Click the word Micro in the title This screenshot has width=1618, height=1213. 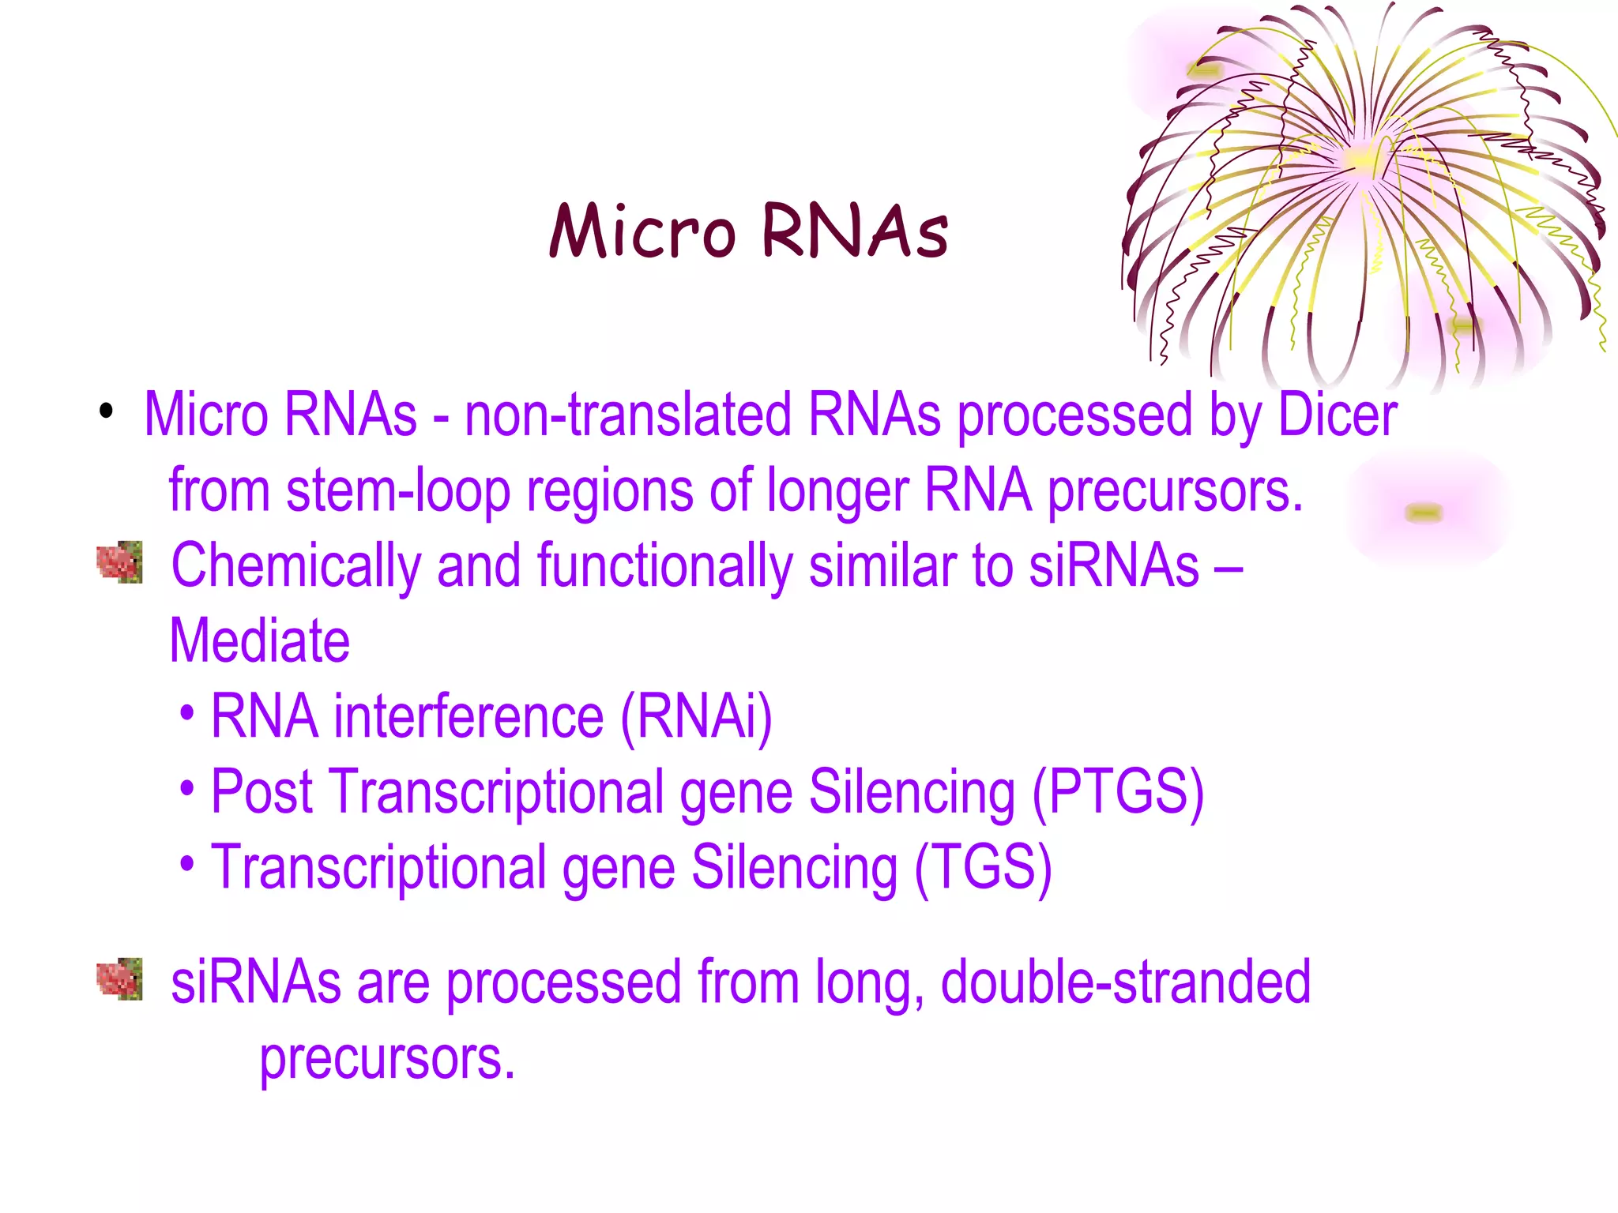(x=642, y=231)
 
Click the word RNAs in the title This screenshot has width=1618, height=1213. (x=855, y=231)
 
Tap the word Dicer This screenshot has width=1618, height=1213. (x=1337, y=415)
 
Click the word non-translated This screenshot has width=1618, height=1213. (x=627, y=415)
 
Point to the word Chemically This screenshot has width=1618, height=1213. (x=296, y=567)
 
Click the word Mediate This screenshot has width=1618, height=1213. (x=259, y=640)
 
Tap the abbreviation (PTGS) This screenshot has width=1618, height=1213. (x=1118, y=792)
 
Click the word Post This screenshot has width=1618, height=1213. (x=262, y=792)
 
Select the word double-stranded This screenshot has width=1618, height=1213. (x=1125, y=982)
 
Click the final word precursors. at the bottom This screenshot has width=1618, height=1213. (x=387, y=1059)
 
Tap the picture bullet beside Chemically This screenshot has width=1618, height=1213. (x=119, y=562)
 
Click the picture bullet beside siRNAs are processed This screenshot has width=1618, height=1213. (x=119, y=979)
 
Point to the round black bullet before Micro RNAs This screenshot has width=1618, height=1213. (x=106, y=411)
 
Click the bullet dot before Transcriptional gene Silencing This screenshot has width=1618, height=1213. (x=186, y=863)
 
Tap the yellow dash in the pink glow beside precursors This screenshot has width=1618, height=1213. (x=1424, y=513)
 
